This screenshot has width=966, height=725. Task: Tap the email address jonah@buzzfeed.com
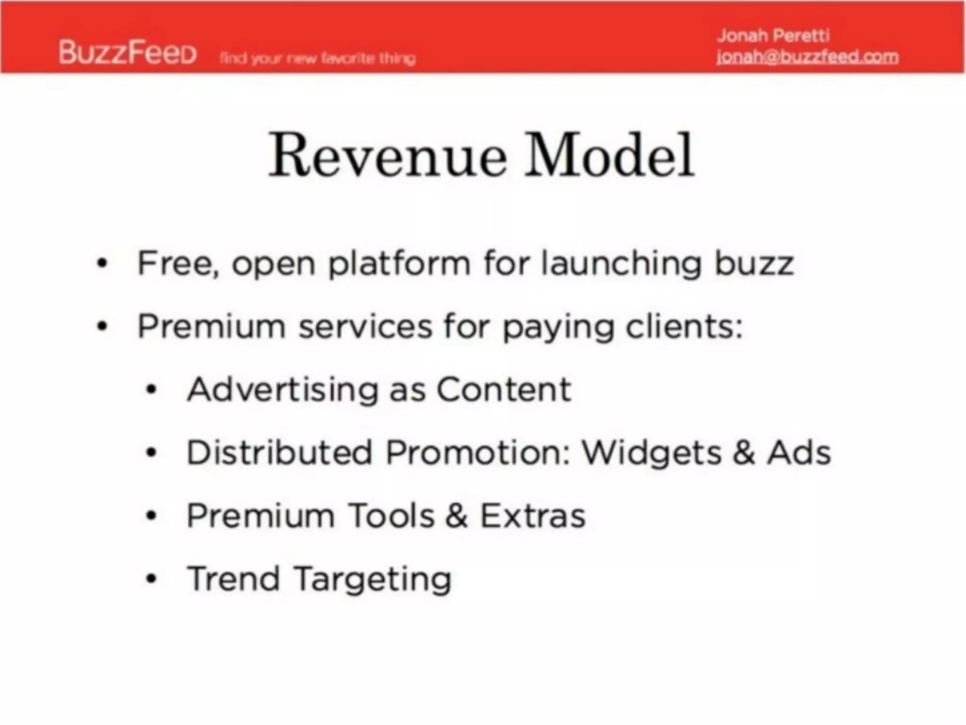[x=807, y=57]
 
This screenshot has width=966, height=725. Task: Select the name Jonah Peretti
[x=773, y=35]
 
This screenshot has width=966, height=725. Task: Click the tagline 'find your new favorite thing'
[x=317, y=59]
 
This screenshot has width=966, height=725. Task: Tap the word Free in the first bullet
[x=177, y=263]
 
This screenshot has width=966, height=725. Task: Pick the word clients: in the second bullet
[x=684, y=327]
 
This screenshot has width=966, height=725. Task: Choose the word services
[x=366, y=327]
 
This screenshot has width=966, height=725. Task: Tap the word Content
[x=504, y=390]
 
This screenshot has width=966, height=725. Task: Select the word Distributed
[x=280, y=453]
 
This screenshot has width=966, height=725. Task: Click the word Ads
[x=799, y=453]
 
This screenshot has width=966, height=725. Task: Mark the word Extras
[x=533, y=515]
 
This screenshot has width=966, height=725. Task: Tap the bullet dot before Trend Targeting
[x=151, y=579]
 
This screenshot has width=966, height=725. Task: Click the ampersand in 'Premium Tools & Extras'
[x=456, y=515]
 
